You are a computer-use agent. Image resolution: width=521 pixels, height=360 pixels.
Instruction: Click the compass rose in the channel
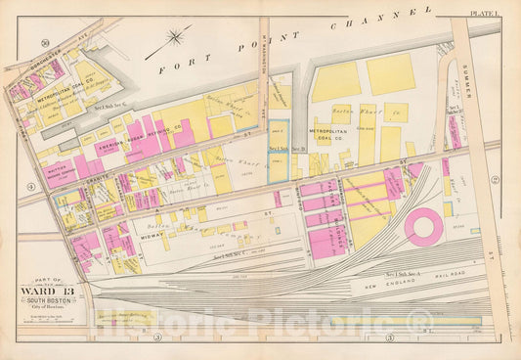click(176, 38)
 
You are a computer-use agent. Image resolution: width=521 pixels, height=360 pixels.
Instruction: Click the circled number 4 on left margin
click(31, 186)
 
